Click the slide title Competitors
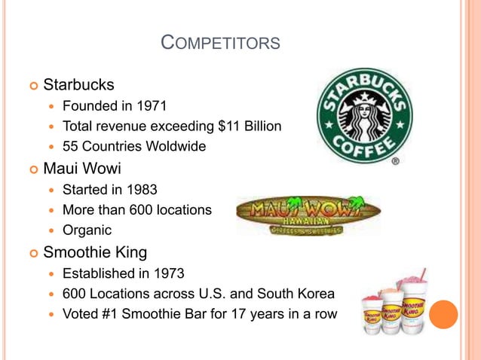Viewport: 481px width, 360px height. (x=221, y=44)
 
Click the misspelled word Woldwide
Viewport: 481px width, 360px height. (x=176, y=146)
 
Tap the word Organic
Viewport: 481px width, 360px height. (x=87, y=230)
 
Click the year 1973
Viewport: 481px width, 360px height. (x=167, y=273)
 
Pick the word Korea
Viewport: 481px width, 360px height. (x=314, y=293)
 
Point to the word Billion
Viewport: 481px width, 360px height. (x=262, y=126)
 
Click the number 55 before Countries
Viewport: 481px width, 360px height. (x=71, y=146)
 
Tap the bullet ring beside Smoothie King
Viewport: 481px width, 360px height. (x=30, y=252)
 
